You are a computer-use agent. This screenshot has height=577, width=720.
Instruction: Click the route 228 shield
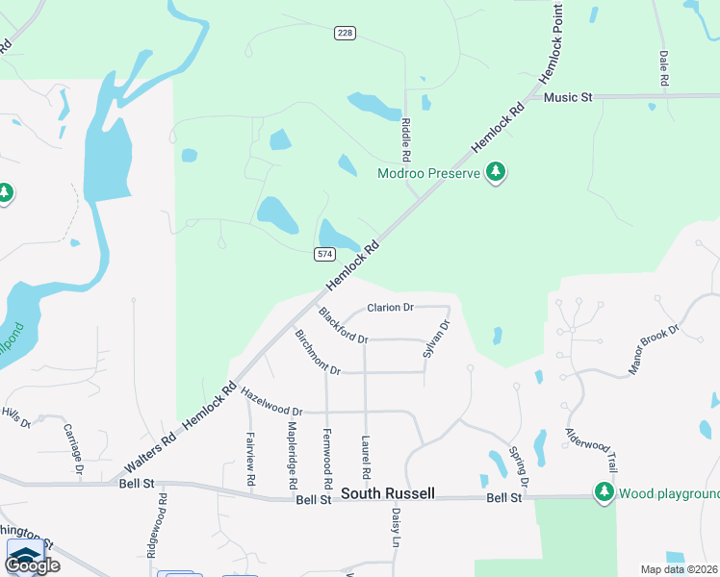(346, 34)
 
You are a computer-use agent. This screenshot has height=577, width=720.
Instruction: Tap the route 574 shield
(323, 253)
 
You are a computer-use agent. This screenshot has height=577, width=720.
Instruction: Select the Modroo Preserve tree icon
(496, 172)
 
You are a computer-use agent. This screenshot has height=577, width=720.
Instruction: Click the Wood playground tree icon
(604, 492)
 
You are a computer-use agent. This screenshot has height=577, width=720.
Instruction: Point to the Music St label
(567, 97)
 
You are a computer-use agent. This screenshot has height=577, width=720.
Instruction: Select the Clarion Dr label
(390, 308)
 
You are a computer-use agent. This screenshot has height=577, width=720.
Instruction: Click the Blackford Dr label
(343, 326)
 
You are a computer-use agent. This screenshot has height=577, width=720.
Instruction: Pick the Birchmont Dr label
(318, 353)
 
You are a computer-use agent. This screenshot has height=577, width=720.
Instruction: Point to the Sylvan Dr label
(436, 340)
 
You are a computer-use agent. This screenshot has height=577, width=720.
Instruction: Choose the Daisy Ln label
(396, 528)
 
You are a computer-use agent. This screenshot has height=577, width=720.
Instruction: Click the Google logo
(32, 564)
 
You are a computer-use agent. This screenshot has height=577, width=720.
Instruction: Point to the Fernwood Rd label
(327, 452)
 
